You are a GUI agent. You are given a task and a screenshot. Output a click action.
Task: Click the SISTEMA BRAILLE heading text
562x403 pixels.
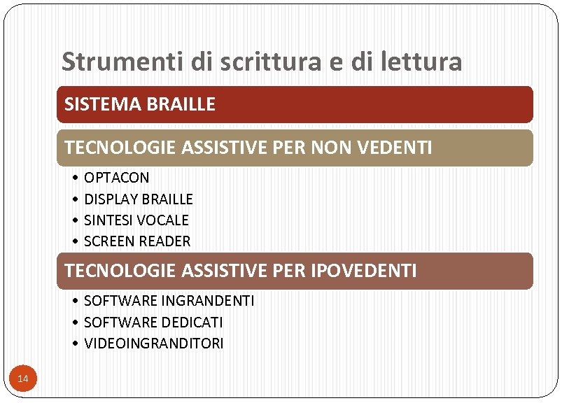point(140,105)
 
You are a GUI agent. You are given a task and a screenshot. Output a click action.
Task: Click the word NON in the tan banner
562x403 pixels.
point(328,148)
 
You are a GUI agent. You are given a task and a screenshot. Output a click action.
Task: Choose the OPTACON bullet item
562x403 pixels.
point(116,178)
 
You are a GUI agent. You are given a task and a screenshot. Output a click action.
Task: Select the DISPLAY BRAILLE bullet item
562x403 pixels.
point(138,199)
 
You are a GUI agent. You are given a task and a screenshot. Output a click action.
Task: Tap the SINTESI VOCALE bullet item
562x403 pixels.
point(136,220)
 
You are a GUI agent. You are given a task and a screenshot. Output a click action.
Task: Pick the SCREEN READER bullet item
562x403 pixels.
point(136,241)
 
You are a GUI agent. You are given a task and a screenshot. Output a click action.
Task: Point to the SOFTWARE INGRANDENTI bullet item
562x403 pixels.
point(169,301)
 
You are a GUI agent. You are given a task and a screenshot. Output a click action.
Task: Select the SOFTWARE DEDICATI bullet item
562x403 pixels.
point(153,323)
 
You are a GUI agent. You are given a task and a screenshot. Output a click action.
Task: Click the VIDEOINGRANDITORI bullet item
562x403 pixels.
point(153,344)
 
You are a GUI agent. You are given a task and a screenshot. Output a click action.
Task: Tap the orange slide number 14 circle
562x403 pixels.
point(22,379)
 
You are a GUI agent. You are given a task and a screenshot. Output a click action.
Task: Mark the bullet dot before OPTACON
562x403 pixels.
point(75,178)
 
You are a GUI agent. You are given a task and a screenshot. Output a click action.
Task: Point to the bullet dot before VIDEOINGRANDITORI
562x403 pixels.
point(75,344)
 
